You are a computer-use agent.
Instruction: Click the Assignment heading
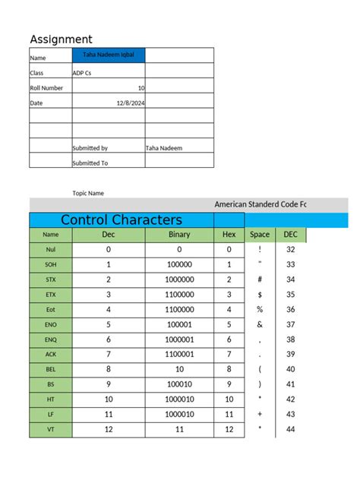[61, 39]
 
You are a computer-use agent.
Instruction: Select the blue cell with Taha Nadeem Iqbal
[108, 55]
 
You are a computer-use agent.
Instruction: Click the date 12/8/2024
[130, 103]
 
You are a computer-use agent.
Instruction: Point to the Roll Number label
[46, 88]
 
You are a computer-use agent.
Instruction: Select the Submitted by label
[90, 148]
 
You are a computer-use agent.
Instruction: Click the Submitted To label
[90, 163]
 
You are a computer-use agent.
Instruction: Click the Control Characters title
[122, 220]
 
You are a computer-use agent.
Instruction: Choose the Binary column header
[179, 235]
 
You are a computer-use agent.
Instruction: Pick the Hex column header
[229, 235]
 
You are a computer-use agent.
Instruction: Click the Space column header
[260, 235]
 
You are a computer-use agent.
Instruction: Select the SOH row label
[51, 264]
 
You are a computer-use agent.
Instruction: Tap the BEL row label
[51, 369]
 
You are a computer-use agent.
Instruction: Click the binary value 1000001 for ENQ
[179, 339]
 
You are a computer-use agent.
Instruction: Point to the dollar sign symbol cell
[260, 295]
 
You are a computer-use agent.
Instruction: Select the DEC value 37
[290, 324]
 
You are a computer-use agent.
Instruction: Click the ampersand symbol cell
[260, 324]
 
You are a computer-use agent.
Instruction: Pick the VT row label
[51, 429]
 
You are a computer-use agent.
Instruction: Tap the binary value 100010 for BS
[179, 384]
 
